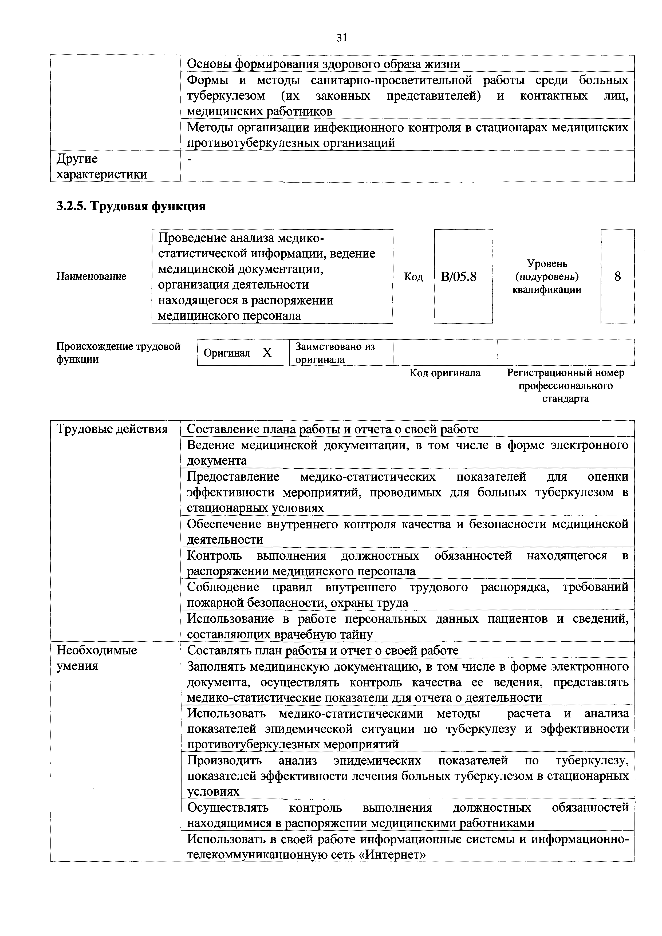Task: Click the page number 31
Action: [x=342, y=38]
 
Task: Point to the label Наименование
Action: [x=91, y=277]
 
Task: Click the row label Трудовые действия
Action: [x=112, y=429]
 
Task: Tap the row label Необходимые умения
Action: [x=97, y=658]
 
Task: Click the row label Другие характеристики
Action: [x=101, y=166]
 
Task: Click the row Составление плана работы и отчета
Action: [x=332, y=429]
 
